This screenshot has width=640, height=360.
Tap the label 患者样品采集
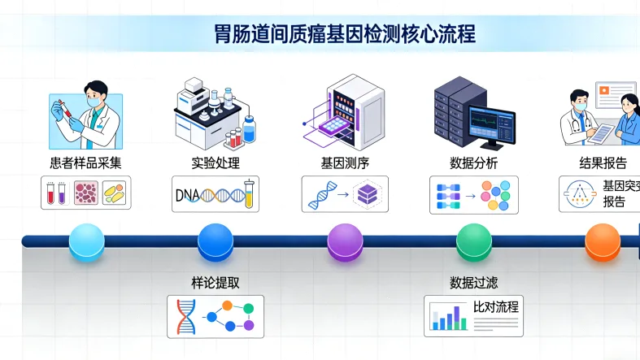point(85,163)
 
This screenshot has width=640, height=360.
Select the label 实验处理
point(216,163)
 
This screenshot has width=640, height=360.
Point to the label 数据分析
point(473,163)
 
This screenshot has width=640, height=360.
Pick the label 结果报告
point(603,163)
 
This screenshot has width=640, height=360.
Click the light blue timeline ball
point(87,241)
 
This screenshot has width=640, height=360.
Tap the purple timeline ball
point(345,241)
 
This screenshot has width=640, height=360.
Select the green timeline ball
point(474,241)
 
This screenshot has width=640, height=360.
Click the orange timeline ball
point(603,241)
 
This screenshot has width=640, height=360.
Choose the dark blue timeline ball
point(216,241)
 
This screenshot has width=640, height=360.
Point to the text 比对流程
point(496,308)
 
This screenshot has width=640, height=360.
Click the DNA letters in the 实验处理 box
point(188,194)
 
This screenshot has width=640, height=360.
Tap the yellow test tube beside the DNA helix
point(250,194)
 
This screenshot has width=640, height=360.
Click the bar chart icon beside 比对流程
point(448,317)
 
